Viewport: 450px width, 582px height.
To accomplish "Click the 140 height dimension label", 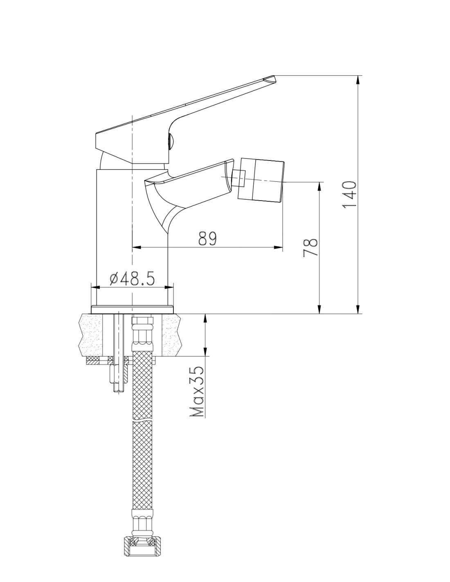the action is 349,194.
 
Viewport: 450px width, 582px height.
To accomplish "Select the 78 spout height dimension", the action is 310,247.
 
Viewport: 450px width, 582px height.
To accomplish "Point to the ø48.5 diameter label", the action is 132,279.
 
